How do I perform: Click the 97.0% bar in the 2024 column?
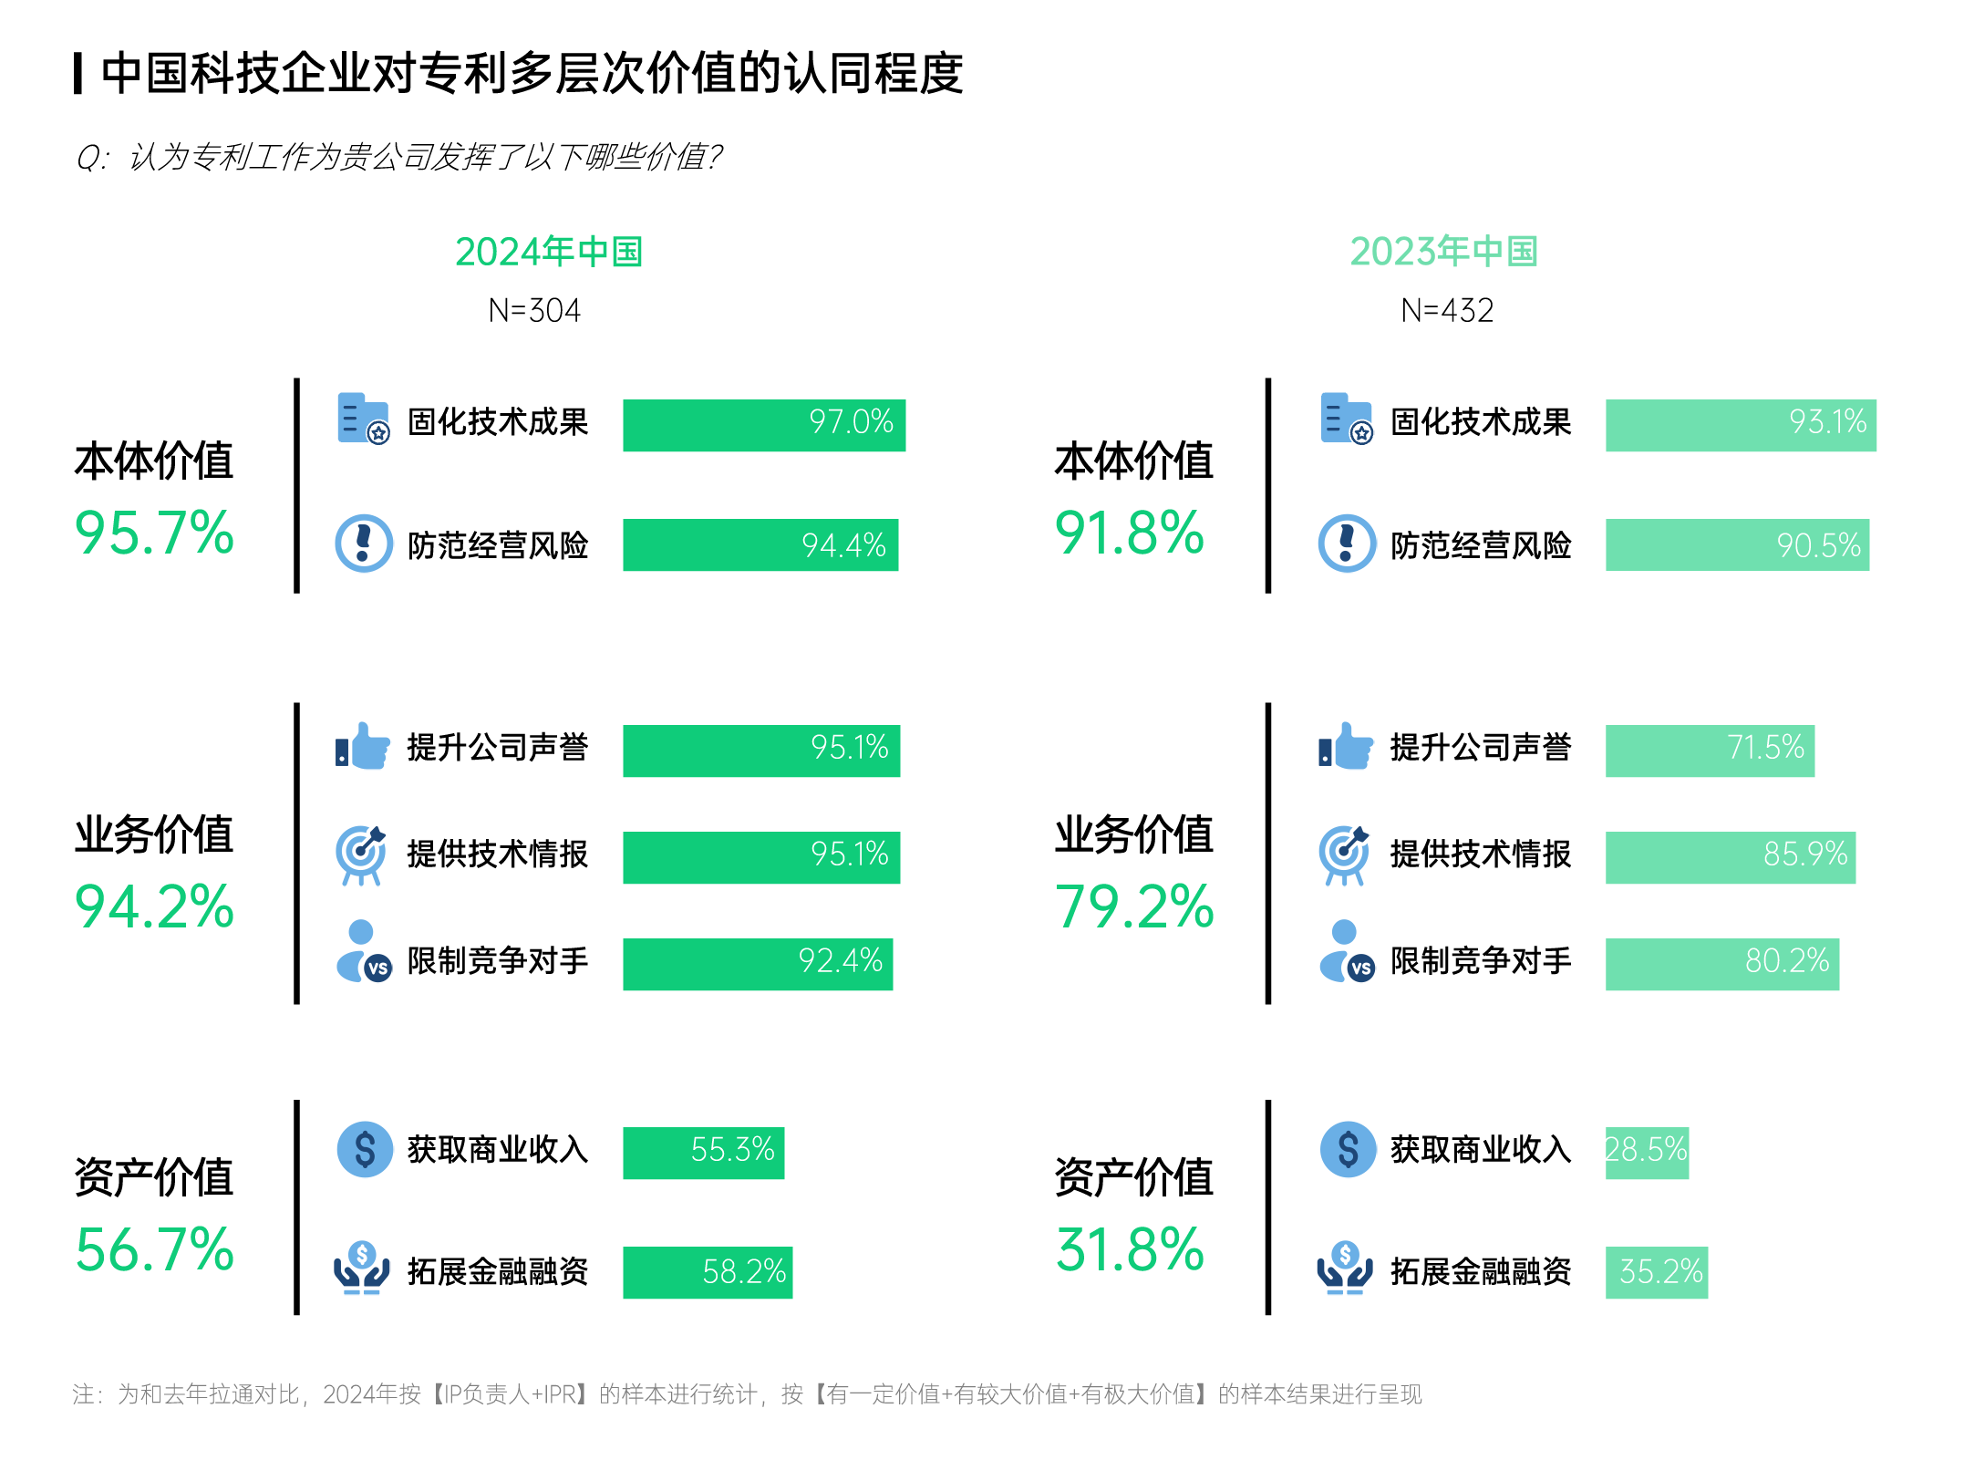pyautogui.click(x=763, y=425)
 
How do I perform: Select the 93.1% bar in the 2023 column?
pyautogui.click(x=1740, y=425)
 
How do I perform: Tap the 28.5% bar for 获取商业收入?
pyautogui.click(x=1646, y=1153)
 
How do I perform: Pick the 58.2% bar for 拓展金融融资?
pyautogui.click(x=707, y=1272)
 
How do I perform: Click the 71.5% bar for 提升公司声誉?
pyautogui.click(x=1709, y=751)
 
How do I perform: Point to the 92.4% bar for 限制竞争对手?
pyautogui.click(x=757, y=964)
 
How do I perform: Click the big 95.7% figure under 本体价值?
pyautogui.click(x=154, y=533)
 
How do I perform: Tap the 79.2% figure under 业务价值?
pyautogui.click(x=1133, y=907)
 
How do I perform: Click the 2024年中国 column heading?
pyautogui.click(x=549, y=253)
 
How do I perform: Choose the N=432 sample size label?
pyautogui.click(x=1446, y=311)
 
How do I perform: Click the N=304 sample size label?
pyautogui.click(x=534, y=311)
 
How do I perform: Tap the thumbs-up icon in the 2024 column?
pyautogui.click(x=363, y=748)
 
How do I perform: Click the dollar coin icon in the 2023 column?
pyautogui.click(x=1347, y=1149)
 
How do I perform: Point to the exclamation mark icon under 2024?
pyautogui.click(x=364, y=544)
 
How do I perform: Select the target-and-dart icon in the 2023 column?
pyautogui.click(x=1344, y=854)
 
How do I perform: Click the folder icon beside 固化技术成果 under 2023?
pyautogui.click(x=1346, y=419)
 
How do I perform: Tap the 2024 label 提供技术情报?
pyautogui.click(x=497, y=854)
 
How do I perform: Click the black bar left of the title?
pyautogui.click(x=78, y=73)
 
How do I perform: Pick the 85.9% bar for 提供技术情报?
pyautogui.click(x=1730, y=857)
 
